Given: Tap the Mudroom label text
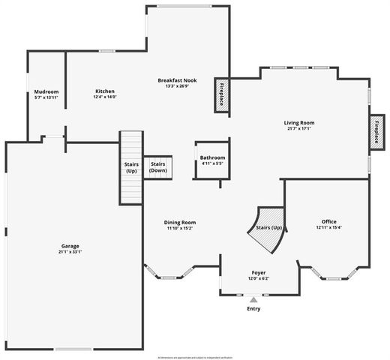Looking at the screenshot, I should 46,92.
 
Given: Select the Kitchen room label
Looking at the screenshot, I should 104,92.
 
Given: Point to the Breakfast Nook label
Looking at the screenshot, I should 178,80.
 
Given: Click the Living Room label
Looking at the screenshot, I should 298,123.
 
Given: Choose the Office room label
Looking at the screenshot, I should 328,222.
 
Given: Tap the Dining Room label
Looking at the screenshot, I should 180,223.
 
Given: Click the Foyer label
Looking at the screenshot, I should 258,272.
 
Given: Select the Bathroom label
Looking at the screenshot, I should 212,157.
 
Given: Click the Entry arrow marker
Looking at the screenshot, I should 253,299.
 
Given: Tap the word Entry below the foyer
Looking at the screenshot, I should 253,308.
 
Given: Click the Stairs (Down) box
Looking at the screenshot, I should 158,166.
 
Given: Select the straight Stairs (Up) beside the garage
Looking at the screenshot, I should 131,166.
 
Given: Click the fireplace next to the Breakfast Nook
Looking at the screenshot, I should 222,96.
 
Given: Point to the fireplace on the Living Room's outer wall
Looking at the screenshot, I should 376,129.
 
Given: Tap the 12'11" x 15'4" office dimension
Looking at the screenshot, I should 328,228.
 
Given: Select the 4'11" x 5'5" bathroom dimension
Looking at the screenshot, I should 212,163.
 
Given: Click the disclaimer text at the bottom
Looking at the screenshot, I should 194,355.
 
